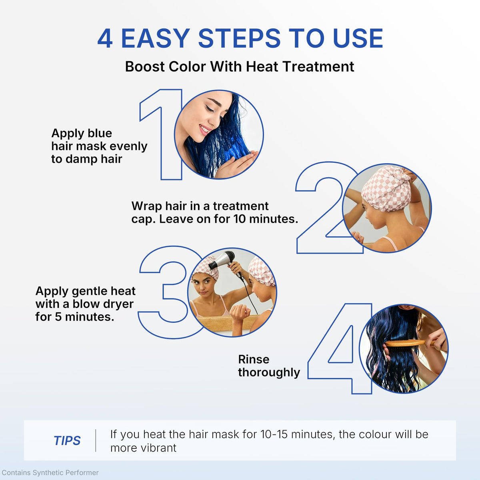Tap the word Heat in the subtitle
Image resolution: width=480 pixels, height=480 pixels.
point(262,66)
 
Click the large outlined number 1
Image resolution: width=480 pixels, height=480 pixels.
point(161,134)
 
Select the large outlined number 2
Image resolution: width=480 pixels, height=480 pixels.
point(326,208)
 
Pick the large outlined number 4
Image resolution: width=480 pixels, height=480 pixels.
point(340,349)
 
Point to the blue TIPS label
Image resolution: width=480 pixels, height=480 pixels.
point(67,441)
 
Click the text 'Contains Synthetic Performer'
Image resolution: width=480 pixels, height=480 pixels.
point(50,472)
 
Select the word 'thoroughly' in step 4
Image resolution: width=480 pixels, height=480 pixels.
point(269,373)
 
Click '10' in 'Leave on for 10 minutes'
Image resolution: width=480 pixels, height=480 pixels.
point(239,219)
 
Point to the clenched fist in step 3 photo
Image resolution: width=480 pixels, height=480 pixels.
point(240,313)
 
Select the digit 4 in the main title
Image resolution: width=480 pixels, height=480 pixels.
point(105,38)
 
